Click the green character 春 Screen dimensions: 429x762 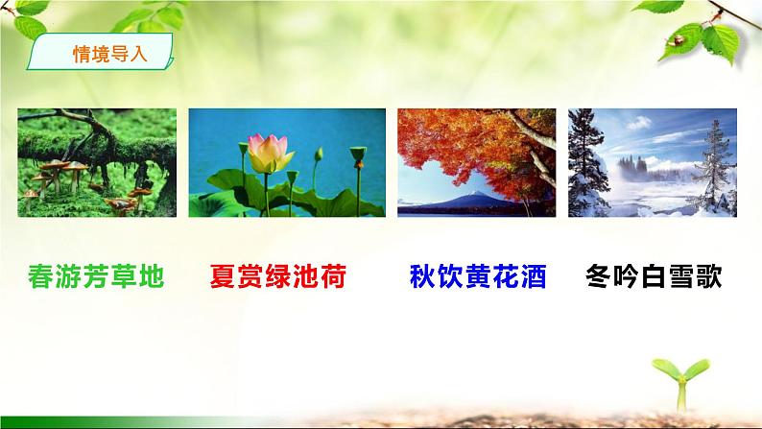(x=41, y=278)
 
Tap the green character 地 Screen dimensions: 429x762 (x=151, y=278)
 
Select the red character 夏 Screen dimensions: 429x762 (x=223, y=278)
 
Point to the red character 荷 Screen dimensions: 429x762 (x=332, y=278)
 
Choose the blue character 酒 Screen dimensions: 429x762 (x=533, y=278)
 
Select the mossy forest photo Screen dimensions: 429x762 (x=97, y=162)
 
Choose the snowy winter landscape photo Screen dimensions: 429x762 (x=653, y=162)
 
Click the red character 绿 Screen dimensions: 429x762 (x=277, y=278)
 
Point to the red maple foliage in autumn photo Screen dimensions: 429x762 (x=451, y=144)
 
